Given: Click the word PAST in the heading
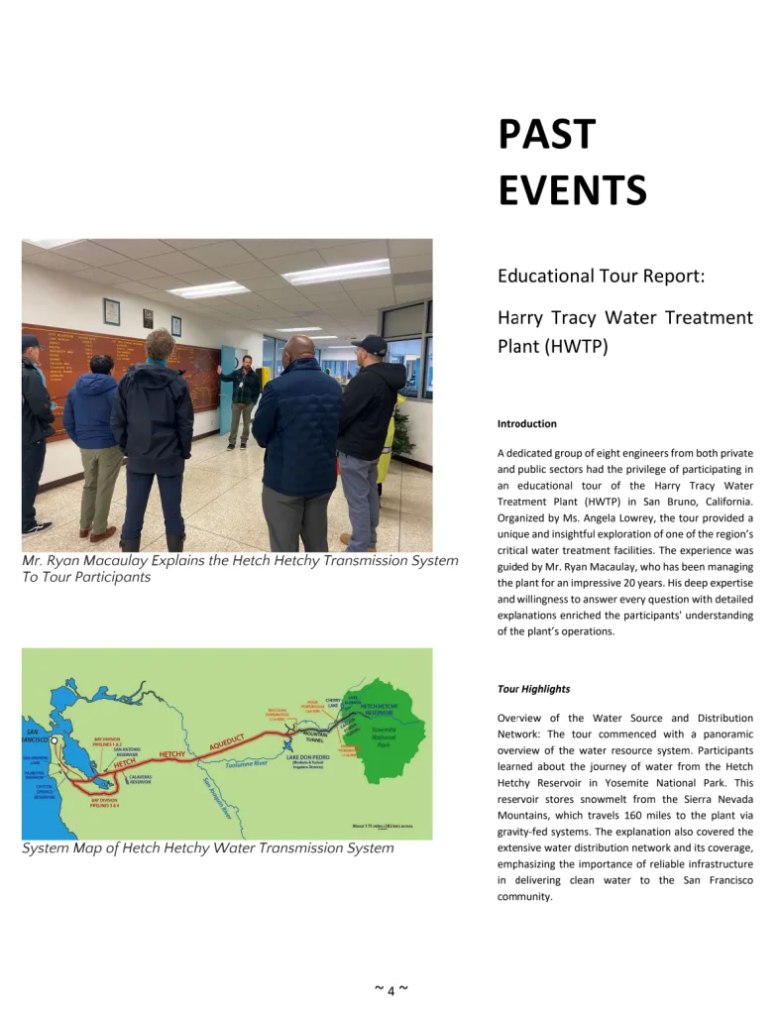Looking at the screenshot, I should click(546, 135).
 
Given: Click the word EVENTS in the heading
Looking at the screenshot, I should click(572, 189).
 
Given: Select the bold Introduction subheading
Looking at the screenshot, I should click(526, 424).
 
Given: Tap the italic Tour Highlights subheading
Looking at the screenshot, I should click(533, 689).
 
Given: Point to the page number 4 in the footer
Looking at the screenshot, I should click(390, 991).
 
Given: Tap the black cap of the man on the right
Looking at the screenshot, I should click(370, 343).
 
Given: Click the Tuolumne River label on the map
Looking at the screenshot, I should click(247, 764).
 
